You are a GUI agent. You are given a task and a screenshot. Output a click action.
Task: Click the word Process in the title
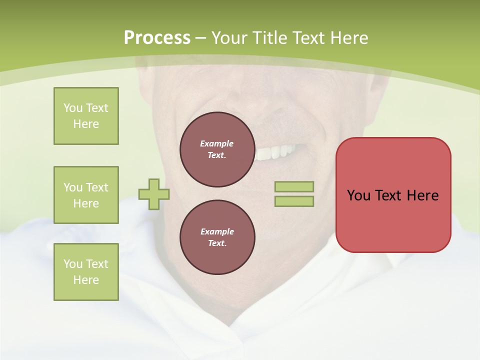tap(157, 38)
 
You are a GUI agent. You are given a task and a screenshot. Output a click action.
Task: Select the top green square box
tap(86, 116)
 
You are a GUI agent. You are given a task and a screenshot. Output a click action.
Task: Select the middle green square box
tap(86, 195)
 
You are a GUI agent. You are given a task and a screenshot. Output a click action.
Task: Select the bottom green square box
tap(86, 272)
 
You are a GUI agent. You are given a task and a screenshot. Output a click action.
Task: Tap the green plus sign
tap(154, 194)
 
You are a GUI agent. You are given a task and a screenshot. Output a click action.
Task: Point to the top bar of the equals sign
tap(294, 187)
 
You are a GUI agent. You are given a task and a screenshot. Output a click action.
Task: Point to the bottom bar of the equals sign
tap(294, 201)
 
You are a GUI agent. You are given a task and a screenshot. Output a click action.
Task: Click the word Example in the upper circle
tap(216, 143)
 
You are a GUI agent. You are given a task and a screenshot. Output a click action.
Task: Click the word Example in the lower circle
tap(216, 231)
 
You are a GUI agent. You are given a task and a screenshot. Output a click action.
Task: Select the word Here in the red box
tap(422, 195)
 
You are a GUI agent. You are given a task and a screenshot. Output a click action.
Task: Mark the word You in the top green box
tap(73, 108)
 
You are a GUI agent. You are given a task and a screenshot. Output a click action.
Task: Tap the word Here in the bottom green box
tap(86, 280)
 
